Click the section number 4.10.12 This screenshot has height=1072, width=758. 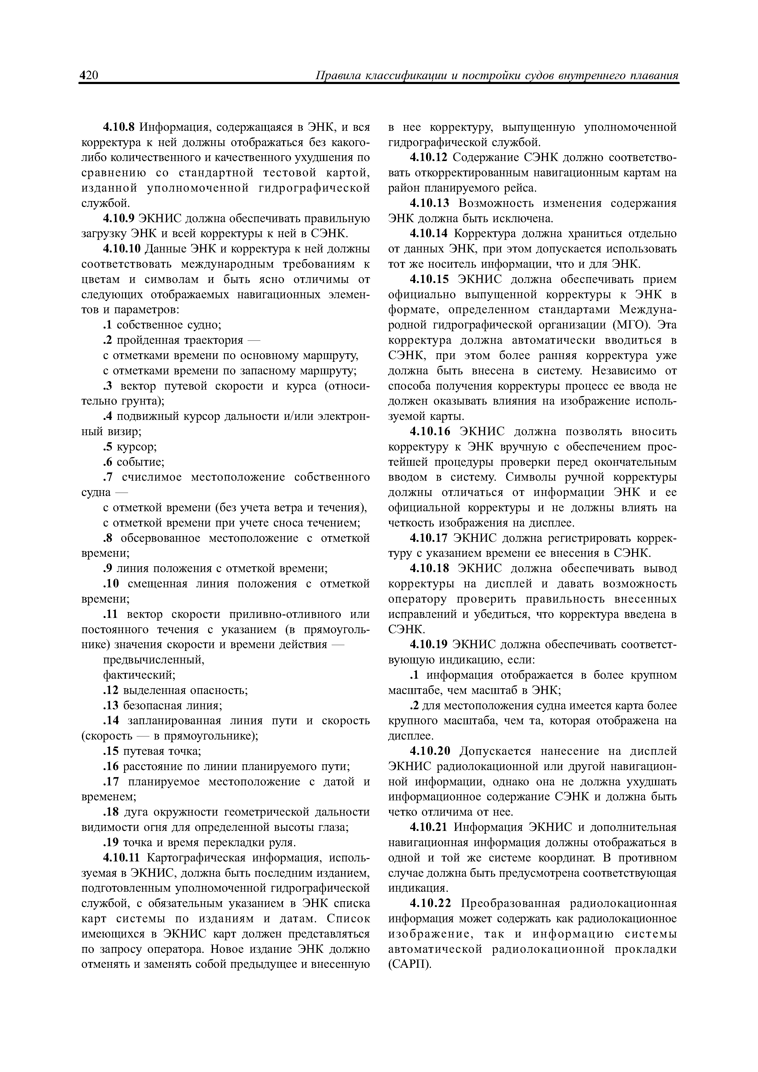[429, 157]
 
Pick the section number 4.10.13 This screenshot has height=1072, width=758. [429, 203]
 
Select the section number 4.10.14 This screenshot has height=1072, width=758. [429, 233]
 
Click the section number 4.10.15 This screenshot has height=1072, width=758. [429, 279]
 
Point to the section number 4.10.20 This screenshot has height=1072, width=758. [429, 751]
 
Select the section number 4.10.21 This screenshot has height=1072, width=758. [429, 827]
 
